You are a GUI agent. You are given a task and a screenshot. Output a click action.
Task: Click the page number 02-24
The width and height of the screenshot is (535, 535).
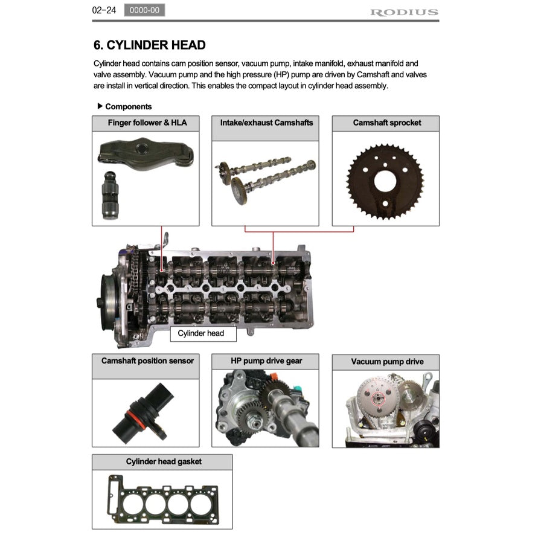[x=103, y=10]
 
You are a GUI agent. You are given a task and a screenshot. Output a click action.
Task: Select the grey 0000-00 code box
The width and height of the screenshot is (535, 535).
[x=144, y=10]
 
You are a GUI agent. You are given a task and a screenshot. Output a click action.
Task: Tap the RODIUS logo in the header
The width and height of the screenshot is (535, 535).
[x=404, y=12]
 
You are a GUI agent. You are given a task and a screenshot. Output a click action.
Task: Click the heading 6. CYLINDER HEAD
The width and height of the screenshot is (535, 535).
[x=149, y=45]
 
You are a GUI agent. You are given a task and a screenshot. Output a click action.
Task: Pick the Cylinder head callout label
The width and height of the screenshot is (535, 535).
[x=200, y=333]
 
